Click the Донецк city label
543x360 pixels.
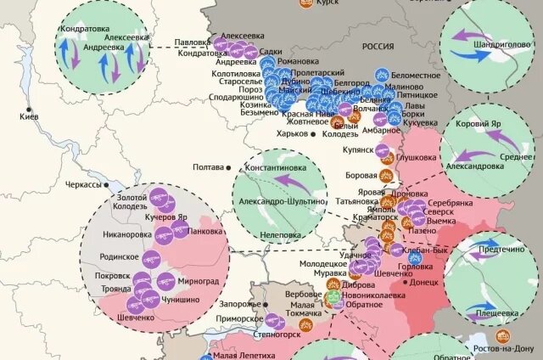423,281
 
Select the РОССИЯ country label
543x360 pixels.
378,48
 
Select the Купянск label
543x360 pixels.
358,149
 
